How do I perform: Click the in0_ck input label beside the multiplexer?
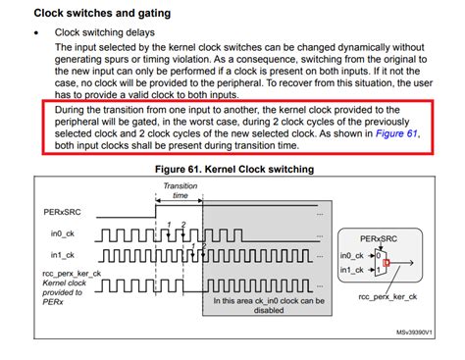click(350, 254)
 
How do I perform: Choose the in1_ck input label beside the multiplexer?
click(350, 270)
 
